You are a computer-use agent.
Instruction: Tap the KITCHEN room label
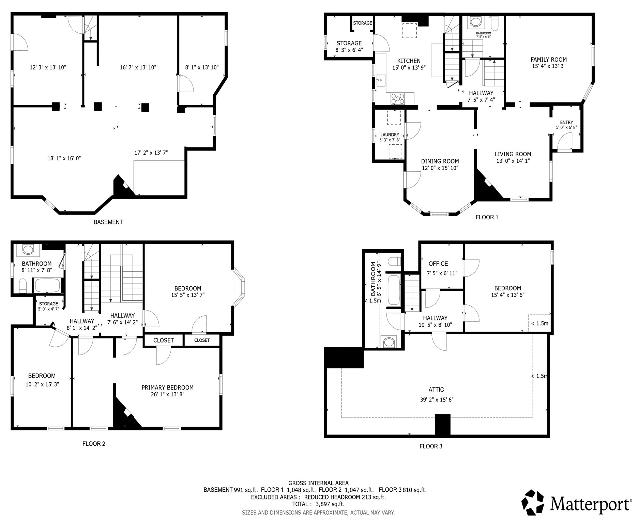(409, 61)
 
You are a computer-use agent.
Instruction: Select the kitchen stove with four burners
(398, 99)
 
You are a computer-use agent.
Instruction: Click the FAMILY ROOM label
(548, 60)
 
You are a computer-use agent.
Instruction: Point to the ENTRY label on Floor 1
(566, 122)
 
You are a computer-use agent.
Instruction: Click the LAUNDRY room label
(390, 135)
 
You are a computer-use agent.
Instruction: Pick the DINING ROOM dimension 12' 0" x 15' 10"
(440, 168)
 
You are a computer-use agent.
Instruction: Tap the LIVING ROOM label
(513, 154)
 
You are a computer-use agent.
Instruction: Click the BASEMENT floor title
(108, 222)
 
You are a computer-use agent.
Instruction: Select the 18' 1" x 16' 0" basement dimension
(64, 158)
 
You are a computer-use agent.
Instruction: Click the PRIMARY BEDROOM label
(167, 387)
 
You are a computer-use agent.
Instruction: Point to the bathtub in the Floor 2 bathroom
(47, 285)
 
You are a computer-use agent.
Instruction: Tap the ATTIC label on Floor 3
(436, 390)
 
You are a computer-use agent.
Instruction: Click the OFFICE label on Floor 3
(438, 264)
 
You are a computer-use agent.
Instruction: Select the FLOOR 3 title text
(431, 446)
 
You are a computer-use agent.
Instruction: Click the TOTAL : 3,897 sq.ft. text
(318, 504)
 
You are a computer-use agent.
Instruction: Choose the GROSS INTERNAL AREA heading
(318, 483)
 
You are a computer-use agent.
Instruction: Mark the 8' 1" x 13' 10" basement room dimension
(202, 67)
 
